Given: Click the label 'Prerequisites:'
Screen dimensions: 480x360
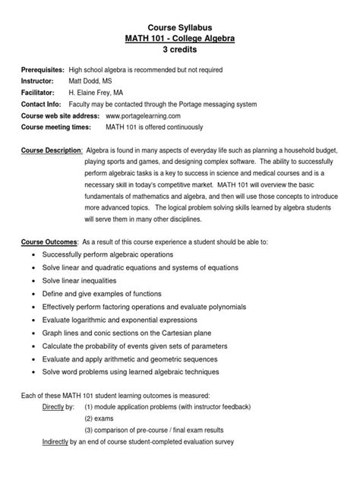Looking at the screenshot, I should coord(43,70).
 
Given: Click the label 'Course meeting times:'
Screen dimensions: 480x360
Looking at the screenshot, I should coord(58,128).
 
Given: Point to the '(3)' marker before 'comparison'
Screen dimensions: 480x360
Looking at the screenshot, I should coord(89,431).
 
